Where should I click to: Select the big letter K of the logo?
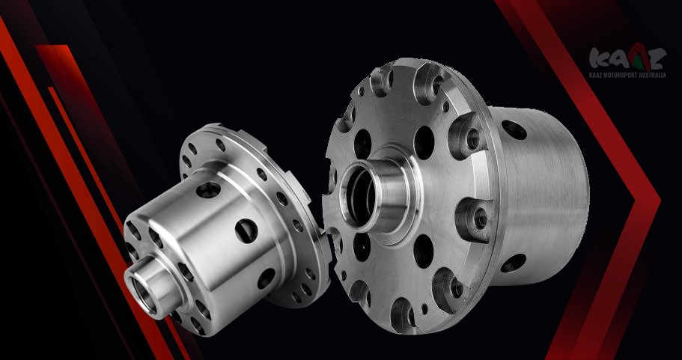(599, 58)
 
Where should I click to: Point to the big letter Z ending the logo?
(657, 59)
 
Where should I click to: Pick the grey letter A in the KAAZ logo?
(618, 61)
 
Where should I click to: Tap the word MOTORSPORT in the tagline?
(620, 75)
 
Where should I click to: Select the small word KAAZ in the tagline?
(596, 75)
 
